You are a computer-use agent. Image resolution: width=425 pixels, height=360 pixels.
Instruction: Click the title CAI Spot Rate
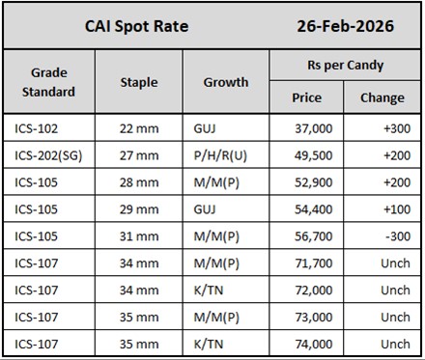136,26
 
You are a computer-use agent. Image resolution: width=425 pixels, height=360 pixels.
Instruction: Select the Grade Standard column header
47,82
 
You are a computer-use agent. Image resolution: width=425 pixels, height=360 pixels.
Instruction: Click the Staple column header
139,82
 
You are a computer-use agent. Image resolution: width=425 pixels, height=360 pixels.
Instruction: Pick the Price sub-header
306,97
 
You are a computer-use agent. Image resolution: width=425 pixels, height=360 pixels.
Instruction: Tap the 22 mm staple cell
137,128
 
